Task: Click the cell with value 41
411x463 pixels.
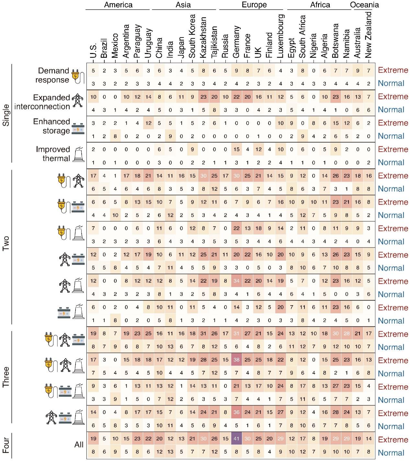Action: [236, 439]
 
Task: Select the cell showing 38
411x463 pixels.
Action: [236, 360]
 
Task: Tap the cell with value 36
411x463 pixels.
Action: [236, 413]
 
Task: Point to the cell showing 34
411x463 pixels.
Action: [236, 281]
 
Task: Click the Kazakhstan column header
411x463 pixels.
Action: [203, 38]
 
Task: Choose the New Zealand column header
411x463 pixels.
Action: [369, 35]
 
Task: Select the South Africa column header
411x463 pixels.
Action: [303, 37]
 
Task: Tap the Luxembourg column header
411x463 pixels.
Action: [280, 36]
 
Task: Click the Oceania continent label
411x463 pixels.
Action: [364, 5]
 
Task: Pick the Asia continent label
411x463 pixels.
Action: [183, 5]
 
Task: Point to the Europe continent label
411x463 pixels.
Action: [254, 5]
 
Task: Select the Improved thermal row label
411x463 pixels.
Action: [53, 154]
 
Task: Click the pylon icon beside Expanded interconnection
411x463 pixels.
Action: [77, 100]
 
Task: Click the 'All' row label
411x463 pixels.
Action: [79, 445]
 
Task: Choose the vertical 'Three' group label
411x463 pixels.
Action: [6, 377]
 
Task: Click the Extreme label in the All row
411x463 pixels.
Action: [393, 440]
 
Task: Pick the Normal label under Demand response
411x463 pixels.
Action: [391, 83]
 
